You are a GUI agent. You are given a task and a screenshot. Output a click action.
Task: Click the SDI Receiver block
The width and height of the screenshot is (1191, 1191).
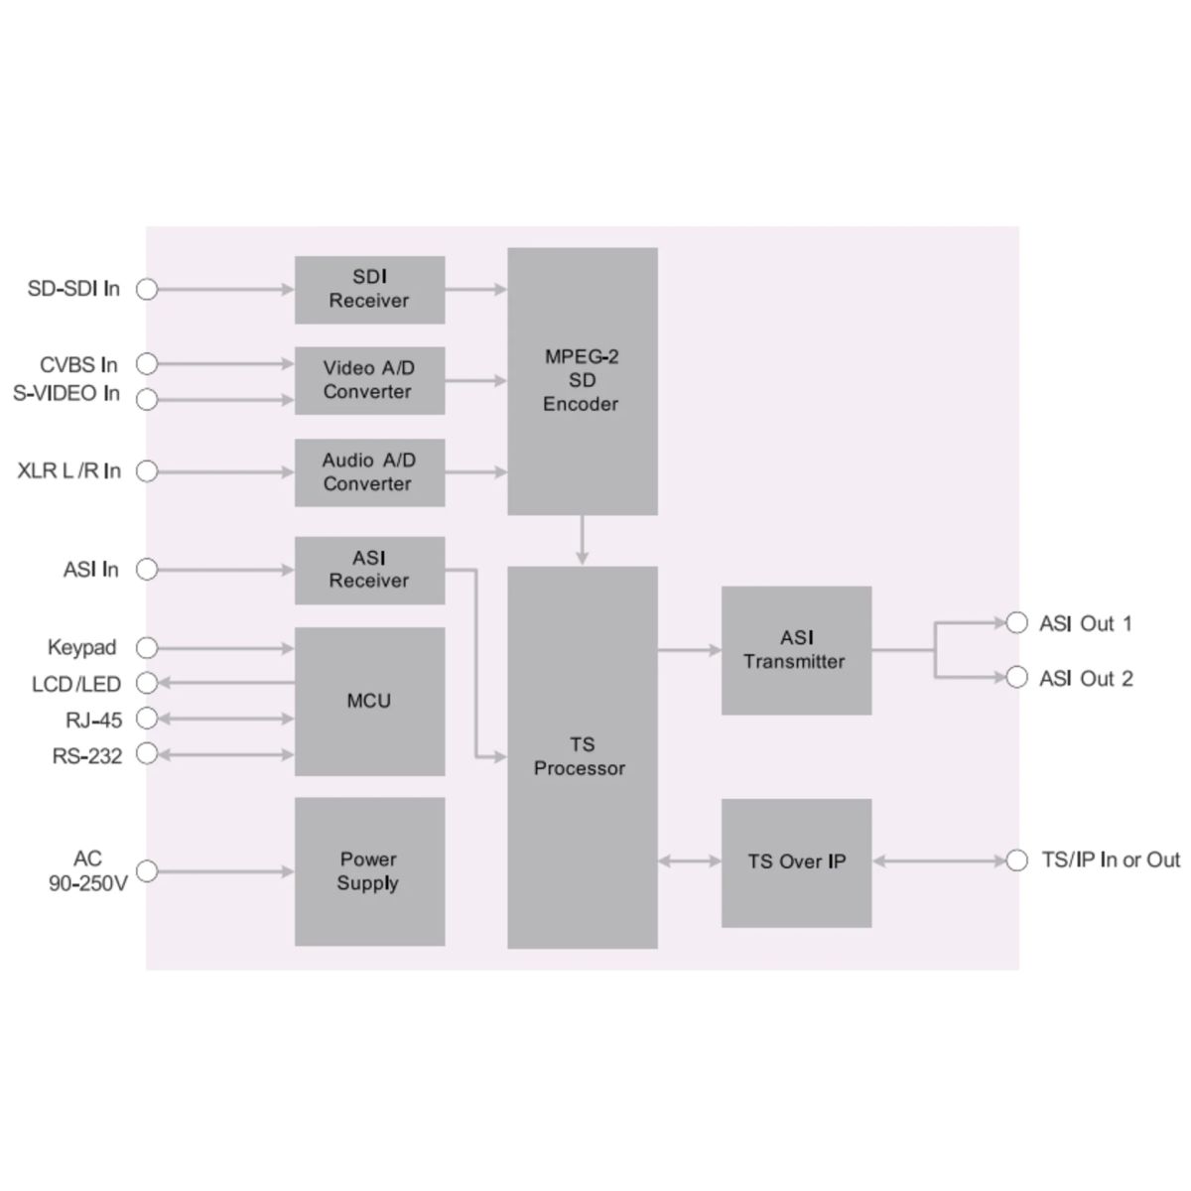point(369,290)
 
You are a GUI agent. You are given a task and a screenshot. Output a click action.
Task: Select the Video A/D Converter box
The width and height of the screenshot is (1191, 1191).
point(369,380)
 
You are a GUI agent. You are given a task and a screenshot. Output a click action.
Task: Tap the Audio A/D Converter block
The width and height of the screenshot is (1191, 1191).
point(369,472)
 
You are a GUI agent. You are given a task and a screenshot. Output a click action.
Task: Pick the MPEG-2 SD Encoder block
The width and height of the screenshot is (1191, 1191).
point(582,381)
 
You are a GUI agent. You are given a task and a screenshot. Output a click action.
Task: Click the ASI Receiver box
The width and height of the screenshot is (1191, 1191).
point(369,570)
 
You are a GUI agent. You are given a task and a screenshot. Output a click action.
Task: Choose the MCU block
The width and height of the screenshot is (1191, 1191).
point(369,701)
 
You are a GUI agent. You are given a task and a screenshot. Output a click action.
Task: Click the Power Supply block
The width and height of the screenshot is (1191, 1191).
point(369,871)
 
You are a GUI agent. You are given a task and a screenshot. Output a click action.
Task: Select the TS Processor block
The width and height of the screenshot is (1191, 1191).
point(582,756)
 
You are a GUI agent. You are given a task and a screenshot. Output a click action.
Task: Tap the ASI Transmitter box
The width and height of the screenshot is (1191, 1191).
point(796,650)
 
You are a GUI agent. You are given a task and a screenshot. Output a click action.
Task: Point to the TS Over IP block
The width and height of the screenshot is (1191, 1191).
point(796,861)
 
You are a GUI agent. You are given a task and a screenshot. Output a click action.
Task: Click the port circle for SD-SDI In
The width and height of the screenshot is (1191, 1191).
point(147,289)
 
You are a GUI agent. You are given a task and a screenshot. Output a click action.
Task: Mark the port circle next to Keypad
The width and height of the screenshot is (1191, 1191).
point(147,648)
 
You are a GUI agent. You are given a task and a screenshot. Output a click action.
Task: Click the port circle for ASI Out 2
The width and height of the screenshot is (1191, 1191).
point(1016,678)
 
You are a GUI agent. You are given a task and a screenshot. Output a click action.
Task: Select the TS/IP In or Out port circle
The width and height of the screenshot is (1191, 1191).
point(1016,860)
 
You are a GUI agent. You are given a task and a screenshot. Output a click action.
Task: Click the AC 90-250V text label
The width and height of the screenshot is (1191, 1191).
point(88,870)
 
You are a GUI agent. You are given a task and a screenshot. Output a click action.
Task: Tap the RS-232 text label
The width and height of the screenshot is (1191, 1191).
point(87,756)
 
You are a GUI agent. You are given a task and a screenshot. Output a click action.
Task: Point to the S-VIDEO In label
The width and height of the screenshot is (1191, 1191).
point(66,393)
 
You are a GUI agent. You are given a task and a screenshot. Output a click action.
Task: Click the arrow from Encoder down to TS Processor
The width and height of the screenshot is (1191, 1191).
point(582,540)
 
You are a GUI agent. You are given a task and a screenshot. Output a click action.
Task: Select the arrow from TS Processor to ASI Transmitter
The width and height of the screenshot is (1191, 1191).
point(689,650)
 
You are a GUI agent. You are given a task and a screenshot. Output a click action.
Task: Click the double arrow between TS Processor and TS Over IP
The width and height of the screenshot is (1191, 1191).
point(689,861)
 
